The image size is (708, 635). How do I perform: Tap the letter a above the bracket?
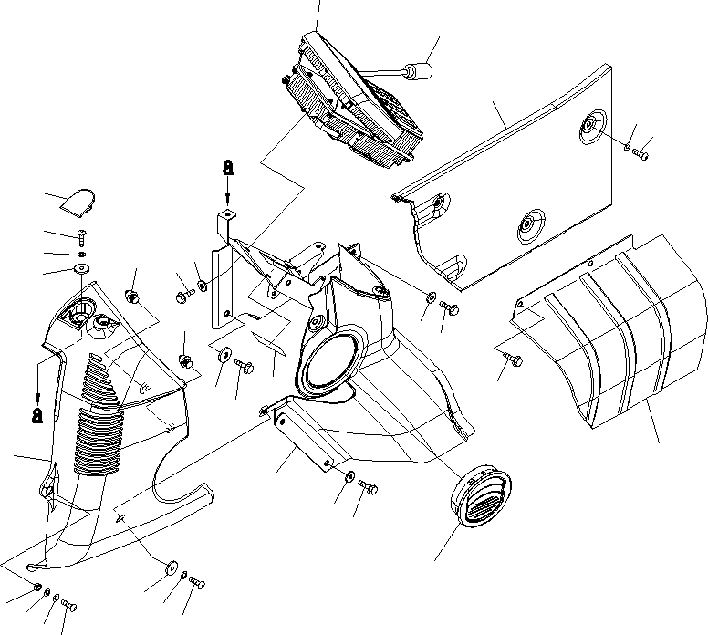[x=227, y=168]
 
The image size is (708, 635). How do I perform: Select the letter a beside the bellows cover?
[x=36, y=414]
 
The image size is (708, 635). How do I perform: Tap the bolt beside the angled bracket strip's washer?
[x=370, y=487]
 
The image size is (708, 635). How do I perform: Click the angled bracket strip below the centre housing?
[x=303, y=438]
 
